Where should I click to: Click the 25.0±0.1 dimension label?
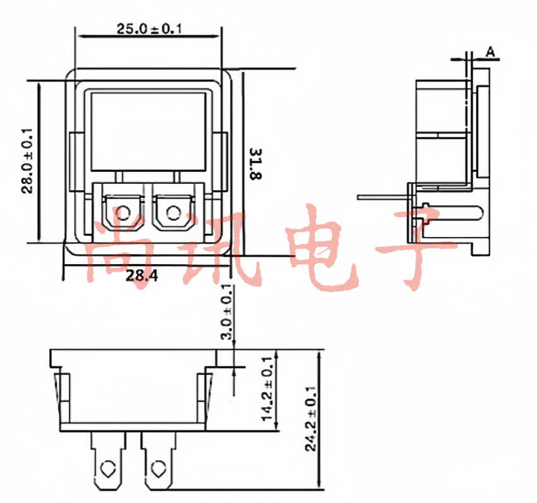pyautogui.click(x=149, y=29)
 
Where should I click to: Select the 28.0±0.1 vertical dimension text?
pyautogui.click(x=27, y=161)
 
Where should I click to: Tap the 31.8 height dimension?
pyautogui.click(x=255, y=164)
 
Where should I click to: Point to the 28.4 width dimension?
pyautogui.click(x=142, y=275)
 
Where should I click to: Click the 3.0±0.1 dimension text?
pyautogui.click(x=227, y=312)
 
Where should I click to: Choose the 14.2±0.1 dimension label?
pyautogui.click(x=267, y=389)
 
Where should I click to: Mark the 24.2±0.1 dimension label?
pyautogui.click(x=310, y=419)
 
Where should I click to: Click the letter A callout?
pyautogui.click(x=490, y=52)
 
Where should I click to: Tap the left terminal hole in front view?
pyautogui.click(x=123, y=213)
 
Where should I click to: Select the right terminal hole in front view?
pyautogui.click(x=173, y=213)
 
